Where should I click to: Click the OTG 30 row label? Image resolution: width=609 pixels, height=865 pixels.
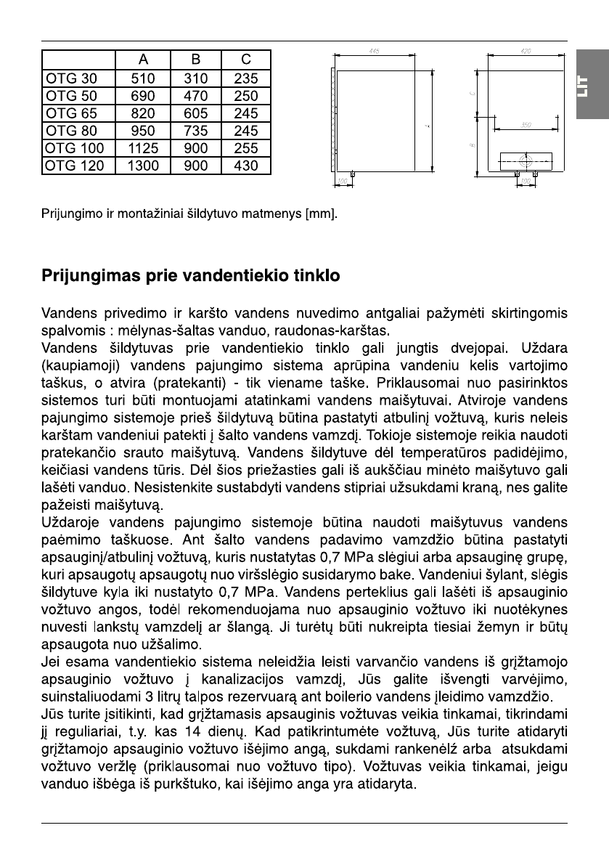pos(70,78)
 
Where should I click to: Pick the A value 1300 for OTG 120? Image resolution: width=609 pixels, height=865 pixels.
pos(144,166)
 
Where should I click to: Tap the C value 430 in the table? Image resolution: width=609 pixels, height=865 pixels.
pos(246,166)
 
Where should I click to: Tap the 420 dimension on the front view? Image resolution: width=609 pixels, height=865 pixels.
pos(526,52)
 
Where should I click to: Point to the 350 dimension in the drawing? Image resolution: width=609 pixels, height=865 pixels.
pos(526,125)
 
